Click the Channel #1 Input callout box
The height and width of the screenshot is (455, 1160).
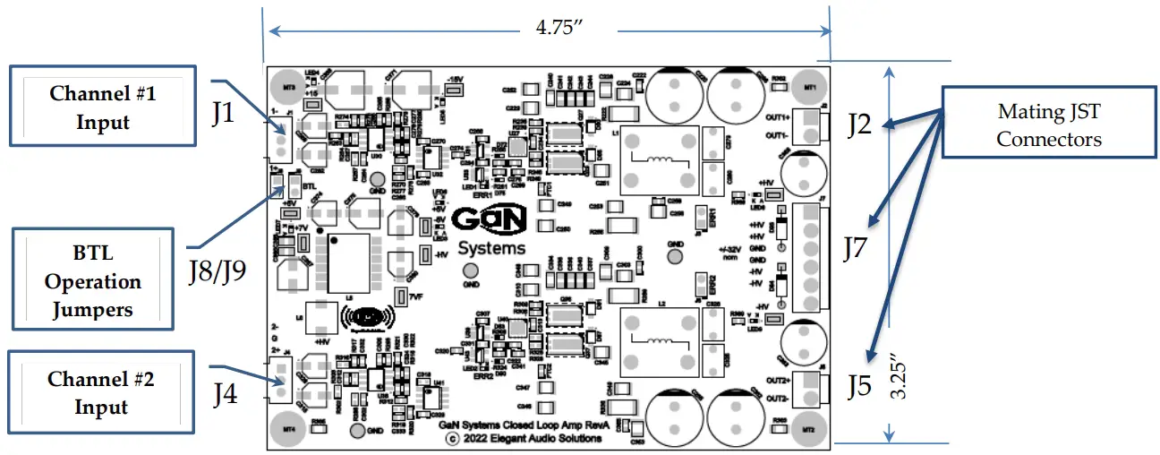coord(101,107)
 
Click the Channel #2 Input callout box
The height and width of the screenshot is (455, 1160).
coord(101,392)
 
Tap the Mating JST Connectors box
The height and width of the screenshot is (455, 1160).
coord(1048,124)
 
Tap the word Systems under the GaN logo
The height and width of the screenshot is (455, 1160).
coord(491,247)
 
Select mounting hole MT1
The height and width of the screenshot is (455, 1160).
coord(809,87)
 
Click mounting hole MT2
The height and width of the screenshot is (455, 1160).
coord(808,429)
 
